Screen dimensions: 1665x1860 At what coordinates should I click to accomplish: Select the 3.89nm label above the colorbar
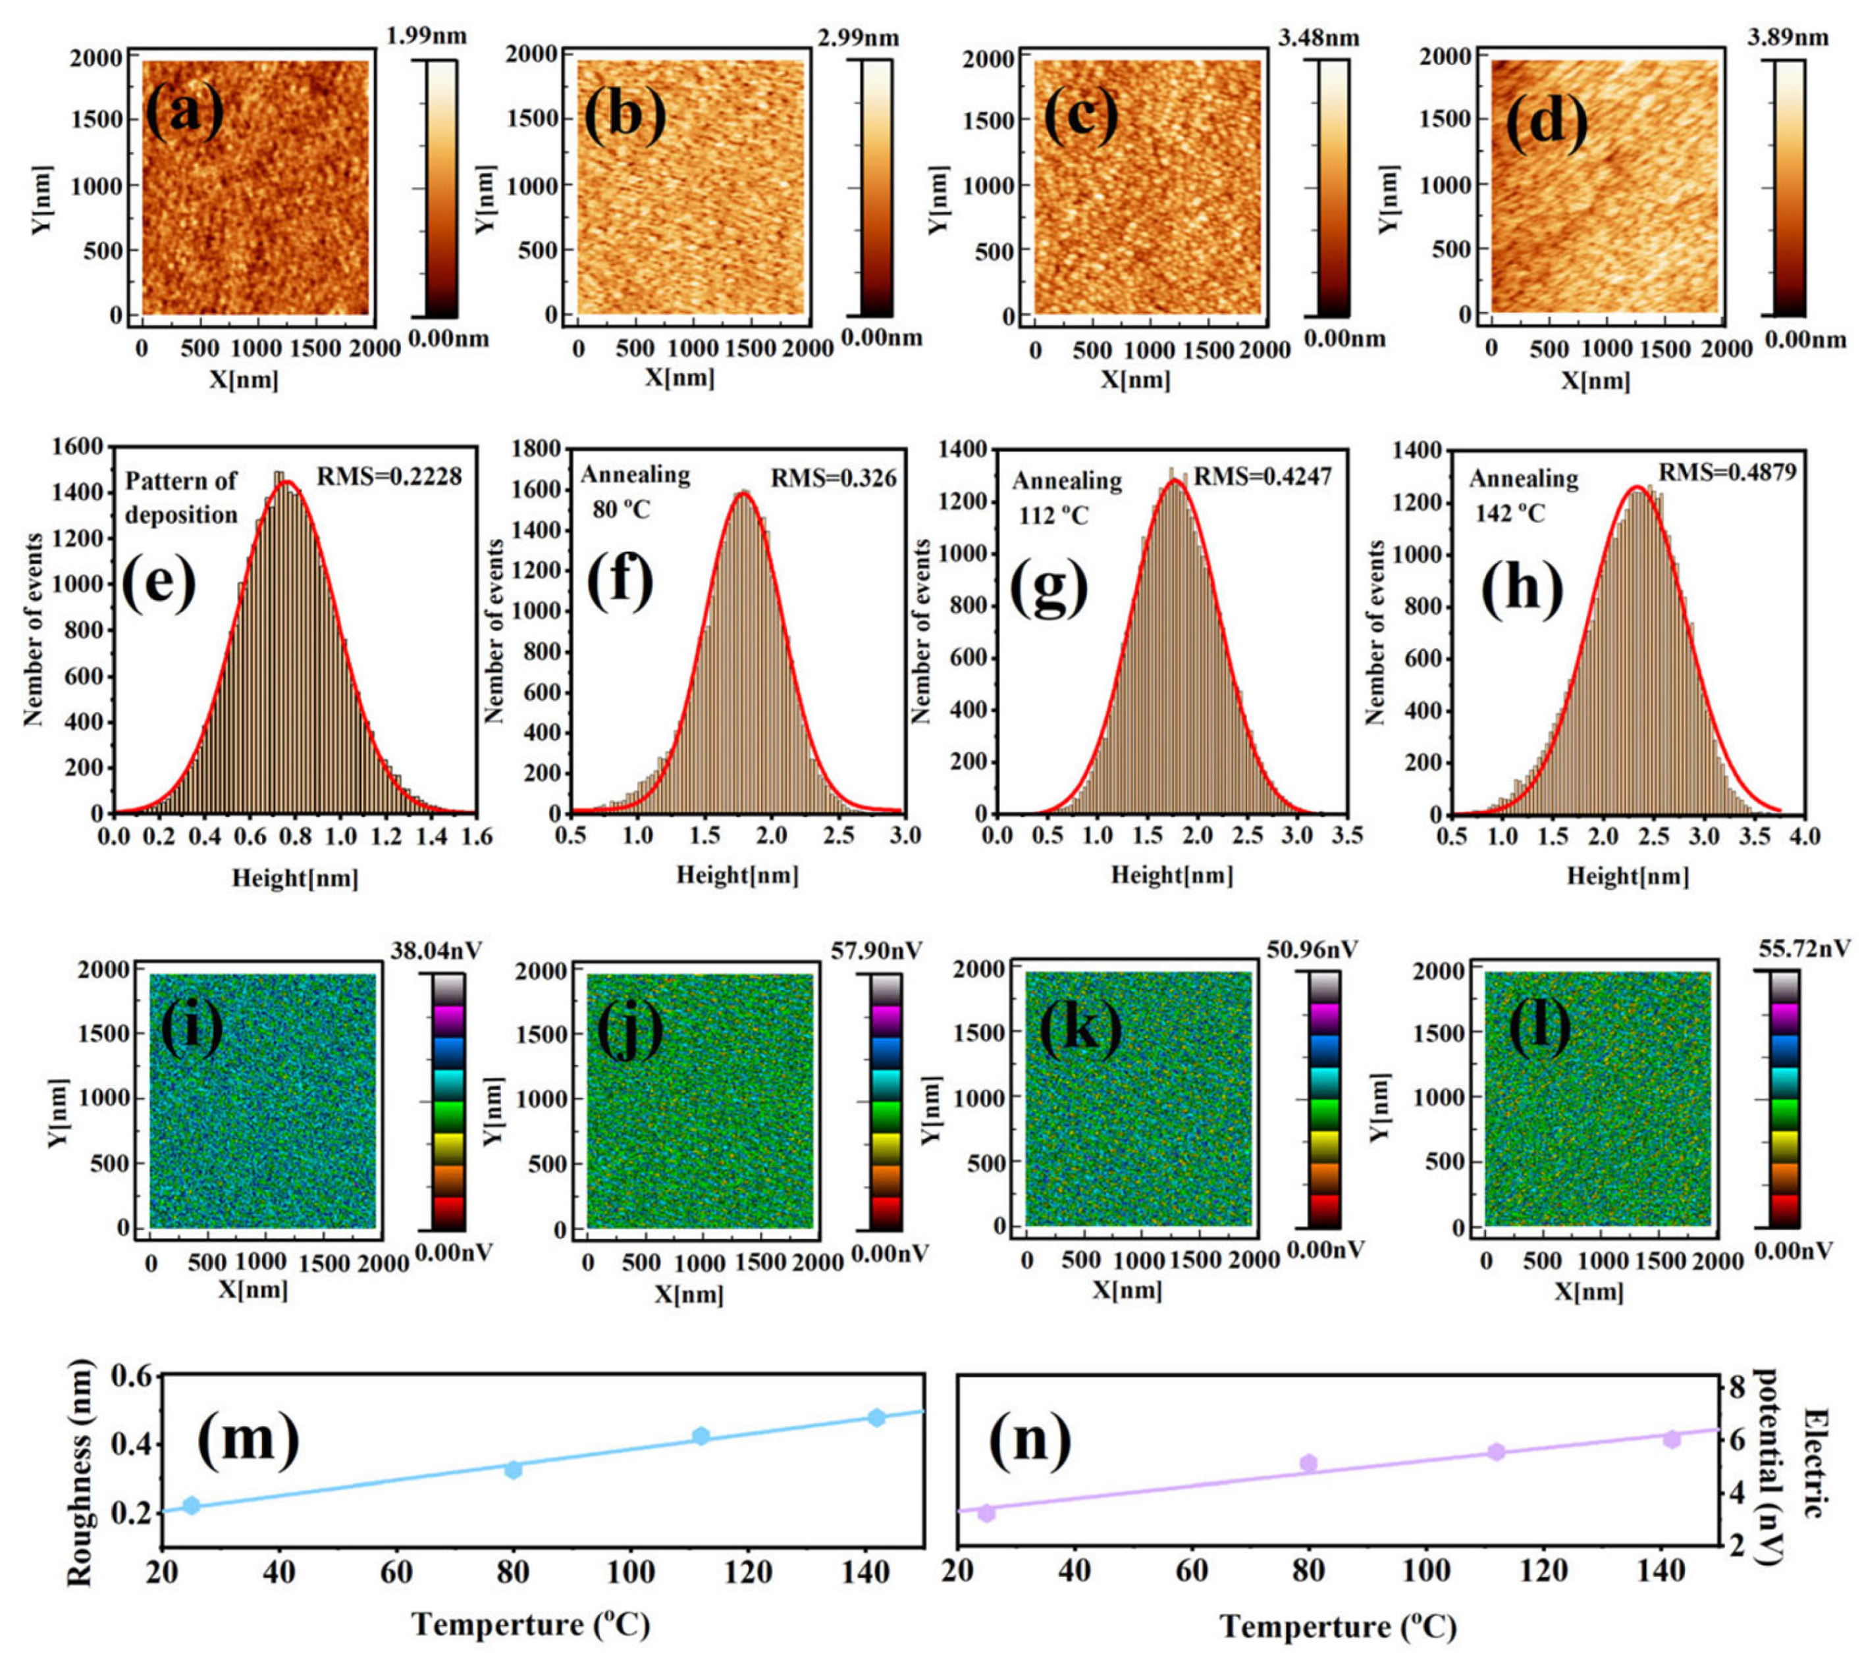click(1788, 38)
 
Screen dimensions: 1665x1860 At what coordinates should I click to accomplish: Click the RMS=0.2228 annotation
click(389, 476)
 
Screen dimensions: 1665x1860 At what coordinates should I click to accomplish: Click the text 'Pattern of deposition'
click(181, 497)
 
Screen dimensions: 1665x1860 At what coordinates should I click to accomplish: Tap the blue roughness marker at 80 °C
click(514, 1470)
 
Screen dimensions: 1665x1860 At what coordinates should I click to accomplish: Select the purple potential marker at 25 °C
click(986, 1513)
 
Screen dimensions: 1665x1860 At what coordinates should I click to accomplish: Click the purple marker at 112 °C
click(1497, 1452)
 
